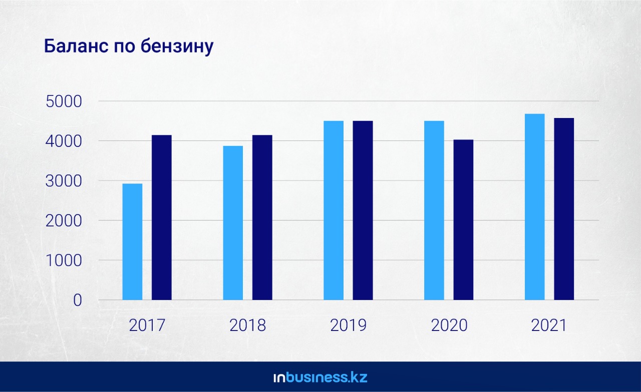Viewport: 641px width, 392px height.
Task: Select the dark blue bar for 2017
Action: [x=162, y=217]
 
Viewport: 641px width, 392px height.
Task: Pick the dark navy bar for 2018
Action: [x=262, y=217]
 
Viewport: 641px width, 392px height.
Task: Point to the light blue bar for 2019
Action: [x=334, y=210]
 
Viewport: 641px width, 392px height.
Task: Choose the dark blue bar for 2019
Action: [x=363, y=210]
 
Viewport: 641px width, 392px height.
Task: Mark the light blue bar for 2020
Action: [x=434, y=210]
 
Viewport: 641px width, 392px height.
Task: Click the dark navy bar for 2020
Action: [x=463, y=219]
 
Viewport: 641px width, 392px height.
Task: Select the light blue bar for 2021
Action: [x=534, y=206]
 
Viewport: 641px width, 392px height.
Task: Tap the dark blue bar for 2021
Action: [x=564, y=208]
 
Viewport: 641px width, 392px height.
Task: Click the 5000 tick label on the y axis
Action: [x=63, y=101]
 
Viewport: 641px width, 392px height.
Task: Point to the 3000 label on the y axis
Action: [x=63, y=181]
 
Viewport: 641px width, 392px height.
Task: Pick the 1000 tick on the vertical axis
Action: [x=63, y=260]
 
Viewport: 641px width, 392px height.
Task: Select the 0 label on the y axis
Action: [x=77, y=300]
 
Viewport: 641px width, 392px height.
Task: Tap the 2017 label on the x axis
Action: [x=147, y=325]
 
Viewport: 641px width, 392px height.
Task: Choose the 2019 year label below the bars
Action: [x=348, y=325]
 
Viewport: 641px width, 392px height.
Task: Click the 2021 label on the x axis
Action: [x=549, y=325]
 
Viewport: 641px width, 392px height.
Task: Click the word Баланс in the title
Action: [x=74, y=46]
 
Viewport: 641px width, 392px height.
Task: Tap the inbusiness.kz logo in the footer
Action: [x=320, y=377]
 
